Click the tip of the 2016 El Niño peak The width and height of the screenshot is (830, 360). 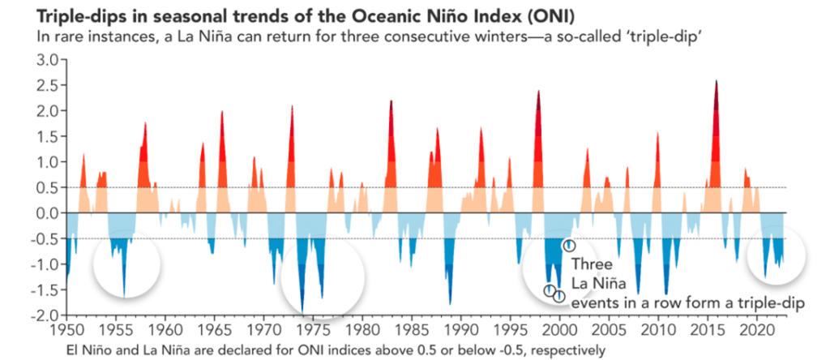click(716, 80)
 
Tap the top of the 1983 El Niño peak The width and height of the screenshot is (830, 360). click(391, 101)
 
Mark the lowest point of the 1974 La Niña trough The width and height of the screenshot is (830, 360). click(302, 311)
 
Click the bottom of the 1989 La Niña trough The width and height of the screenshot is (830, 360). click(450, 305)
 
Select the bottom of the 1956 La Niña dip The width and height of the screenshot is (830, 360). click(124, 296)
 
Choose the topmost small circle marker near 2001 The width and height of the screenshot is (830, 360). click(569, 245)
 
